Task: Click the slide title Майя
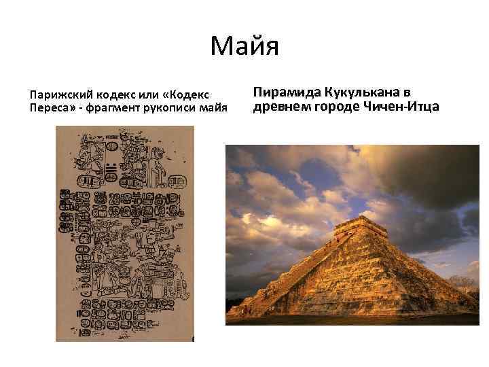click(x=244, y=47)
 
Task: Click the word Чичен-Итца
click(x=405, y=107)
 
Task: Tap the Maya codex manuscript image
click(x=124, y=234)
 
